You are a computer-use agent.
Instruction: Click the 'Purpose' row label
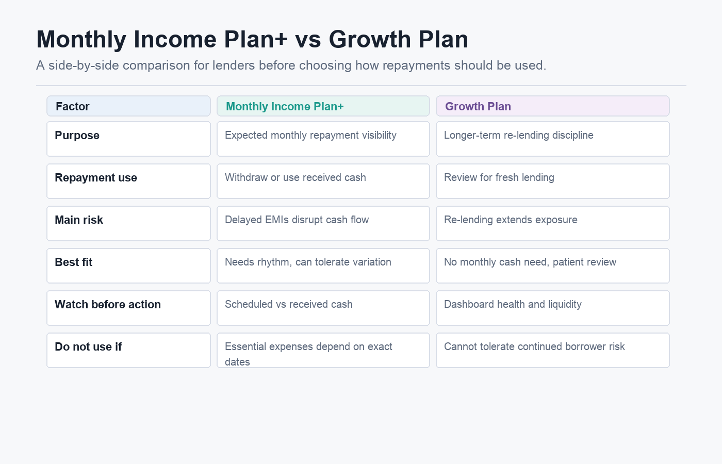77,136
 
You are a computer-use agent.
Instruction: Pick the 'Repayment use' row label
96,178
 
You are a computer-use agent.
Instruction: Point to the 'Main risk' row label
79,220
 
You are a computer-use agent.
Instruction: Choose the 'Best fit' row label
73,262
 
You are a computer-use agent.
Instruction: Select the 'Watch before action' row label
108,304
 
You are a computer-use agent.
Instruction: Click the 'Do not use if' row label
88,346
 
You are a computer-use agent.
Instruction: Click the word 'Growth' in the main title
370,39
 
